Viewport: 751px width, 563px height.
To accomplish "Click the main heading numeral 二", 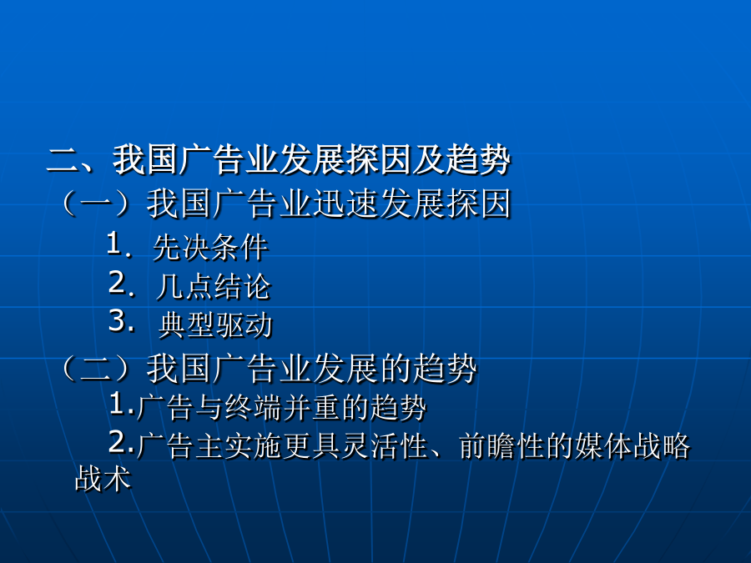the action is click(x=63, y=160).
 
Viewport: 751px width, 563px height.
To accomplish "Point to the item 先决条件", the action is click(x=209, y=248).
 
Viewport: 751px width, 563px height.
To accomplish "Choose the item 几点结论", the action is click(x=214, y=287).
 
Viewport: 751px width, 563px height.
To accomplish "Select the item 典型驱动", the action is click(x=215, y=325).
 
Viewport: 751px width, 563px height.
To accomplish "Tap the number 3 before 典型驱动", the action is click(x=118, y=320).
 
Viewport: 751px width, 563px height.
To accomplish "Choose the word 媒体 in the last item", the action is click(x=604, y=445).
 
